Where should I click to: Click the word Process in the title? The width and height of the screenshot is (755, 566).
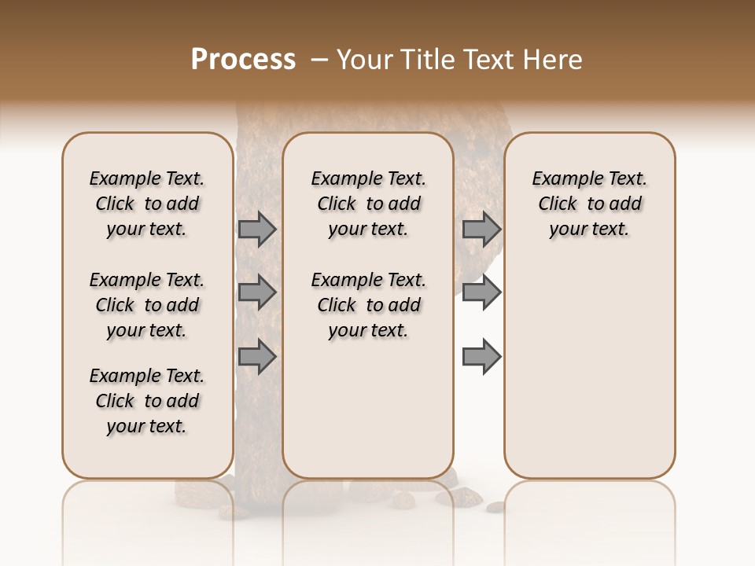tap(243, 60)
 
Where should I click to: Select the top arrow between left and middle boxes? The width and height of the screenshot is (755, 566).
tap(257, 230)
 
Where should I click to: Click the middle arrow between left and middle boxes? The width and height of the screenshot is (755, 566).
tap(257, 292)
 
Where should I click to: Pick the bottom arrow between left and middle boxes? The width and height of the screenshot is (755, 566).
tap(257, 357)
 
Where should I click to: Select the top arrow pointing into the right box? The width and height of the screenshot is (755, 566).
tap(481, 230)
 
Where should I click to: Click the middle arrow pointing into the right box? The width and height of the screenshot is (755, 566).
tap(481, 292)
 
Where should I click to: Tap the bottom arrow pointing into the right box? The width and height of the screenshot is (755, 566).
tap(481, 357)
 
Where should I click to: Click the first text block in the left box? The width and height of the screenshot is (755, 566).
tap(147, 204)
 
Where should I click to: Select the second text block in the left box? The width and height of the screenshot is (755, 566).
tap(147, 305)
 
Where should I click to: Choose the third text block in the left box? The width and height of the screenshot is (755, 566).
tap(147, 401)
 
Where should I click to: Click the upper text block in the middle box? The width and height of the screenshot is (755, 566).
tap(368, 204)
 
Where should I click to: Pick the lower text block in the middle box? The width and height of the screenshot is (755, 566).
tap(368, 305)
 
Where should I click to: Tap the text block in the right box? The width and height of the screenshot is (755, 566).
tap(589, 204)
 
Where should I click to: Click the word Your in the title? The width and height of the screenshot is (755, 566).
tap(364, 60)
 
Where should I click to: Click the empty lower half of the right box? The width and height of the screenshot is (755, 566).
tap(589, 377)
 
